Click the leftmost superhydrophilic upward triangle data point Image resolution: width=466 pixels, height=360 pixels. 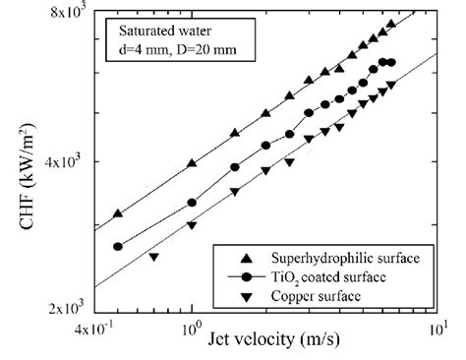(118, 213)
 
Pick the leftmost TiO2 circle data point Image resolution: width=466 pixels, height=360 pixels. (118, 247)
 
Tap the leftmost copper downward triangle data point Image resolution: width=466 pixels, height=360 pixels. (153, 258)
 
